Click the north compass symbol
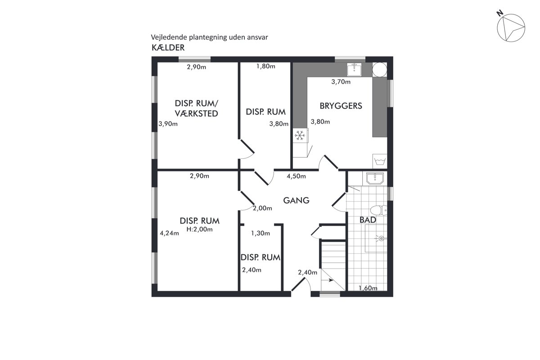pos(511,28)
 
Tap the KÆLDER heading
pos(168,48)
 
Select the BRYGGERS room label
pos(341,106)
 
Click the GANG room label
pos(296,200)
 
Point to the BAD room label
pos(368,220)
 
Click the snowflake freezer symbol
pos(300,135)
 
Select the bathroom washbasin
pos(375,179)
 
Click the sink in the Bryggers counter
pos(354,69)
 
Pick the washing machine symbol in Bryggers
pos(380,161)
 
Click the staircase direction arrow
pos(328,280)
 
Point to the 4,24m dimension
pos(170,233)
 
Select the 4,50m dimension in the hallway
pos(296,176)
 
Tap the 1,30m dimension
pos(261,233)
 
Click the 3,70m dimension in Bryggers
pos(341,82)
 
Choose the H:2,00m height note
pos(200,229)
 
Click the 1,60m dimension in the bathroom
pos(368,288)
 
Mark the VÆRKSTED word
pos(197,113)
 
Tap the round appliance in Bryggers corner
pos(380,70)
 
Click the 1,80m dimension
pos(265,66)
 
